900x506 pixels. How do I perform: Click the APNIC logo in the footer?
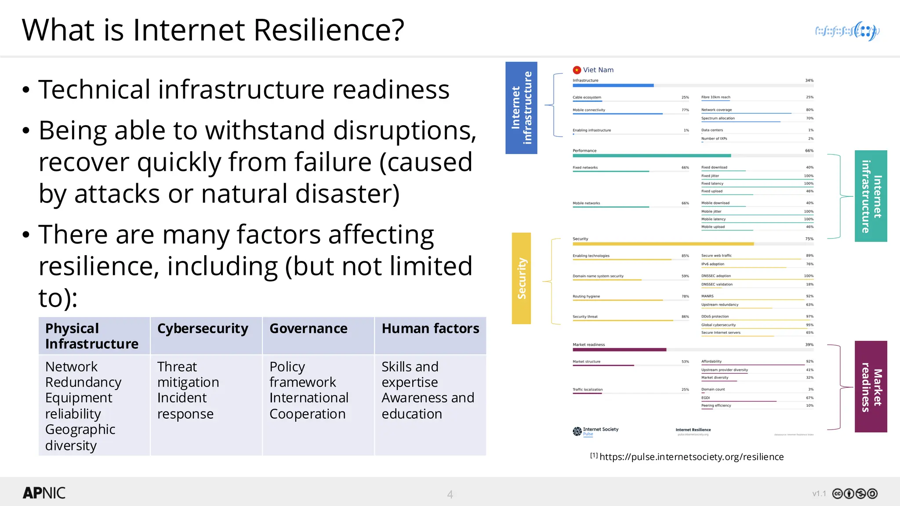pos(44,493)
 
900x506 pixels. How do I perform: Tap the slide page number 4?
pos(450,494)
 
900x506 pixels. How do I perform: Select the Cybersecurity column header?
pos(203,329)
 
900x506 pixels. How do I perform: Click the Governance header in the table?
pos(308,329)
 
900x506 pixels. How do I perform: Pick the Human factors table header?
pos(430,329)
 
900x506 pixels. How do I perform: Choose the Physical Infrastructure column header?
pos(91,336)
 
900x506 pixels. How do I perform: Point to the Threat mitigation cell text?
pos(188,374)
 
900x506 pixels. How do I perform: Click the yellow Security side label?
pos(521,278)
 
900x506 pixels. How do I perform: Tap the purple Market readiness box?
pos(871,387)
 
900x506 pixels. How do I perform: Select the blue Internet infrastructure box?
pos(521,108)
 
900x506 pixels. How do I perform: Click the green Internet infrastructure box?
pos(871,196)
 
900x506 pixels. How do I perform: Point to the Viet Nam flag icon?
pos(577,70)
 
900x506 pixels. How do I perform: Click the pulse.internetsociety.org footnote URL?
pos(691,457)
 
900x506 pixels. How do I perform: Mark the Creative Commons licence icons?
pos(855,494)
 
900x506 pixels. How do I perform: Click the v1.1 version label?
pos(819,494)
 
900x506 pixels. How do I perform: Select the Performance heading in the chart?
pos(584,151)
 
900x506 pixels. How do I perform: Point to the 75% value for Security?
pos(809,239)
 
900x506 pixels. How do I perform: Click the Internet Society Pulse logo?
pos(595,431)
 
